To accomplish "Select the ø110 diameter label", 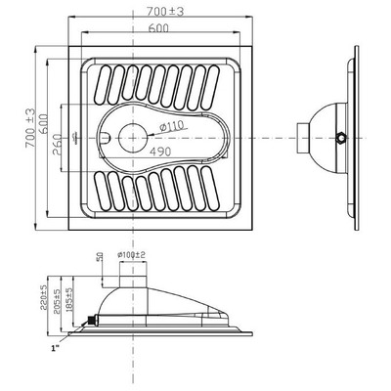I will tap(173, 127).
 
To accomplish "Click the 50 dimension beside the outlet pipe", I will tap(100, 259).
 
